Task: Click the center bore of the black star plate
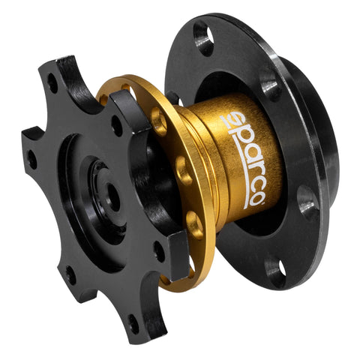[109, 196]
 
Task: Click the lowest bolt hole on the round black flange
[274, 273]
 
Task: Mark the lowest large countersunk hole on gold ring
[195, 223]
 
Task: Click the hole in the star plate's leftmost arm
[32, 158]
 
